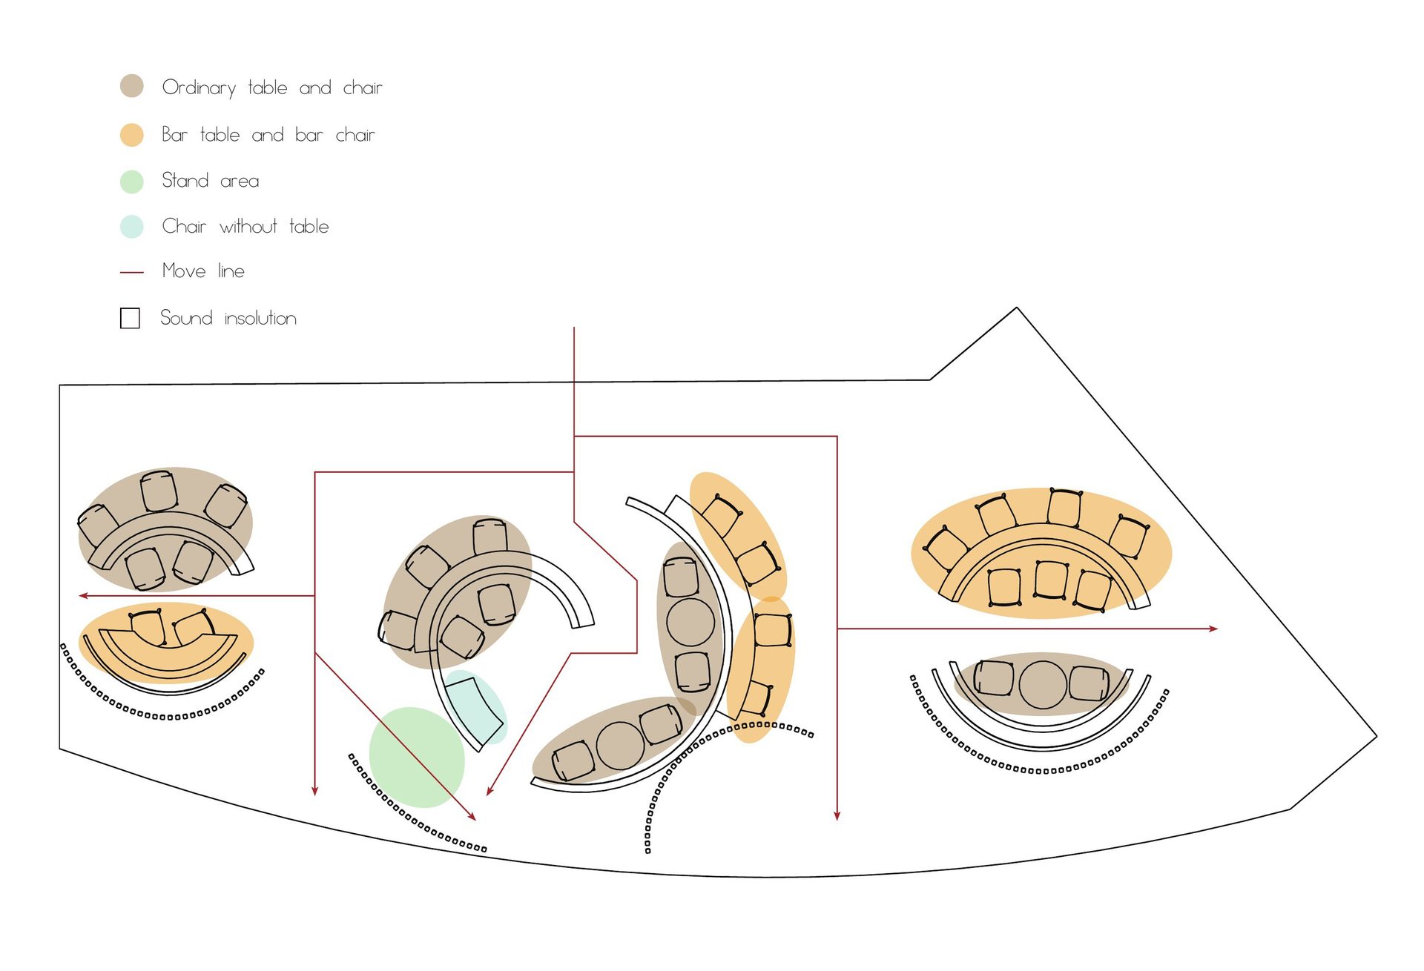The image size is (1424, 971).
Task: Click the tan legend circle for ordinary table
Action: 132,86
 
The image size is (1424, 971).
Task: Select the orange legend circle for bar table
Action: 132,135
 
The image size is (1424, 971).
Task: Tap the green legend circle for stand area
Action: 132,182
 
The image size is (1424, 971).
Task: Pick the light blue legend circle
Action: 132,227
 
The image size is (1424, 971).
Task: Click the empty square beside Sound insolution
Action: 130,318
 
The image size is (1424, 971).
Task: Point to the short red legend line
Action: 132,273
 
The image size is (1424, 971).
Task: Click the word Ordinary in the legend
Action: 199,88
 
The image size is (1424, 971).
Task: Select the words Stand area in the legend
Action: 211,181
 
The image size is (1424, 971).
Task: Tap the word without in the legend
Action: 248,226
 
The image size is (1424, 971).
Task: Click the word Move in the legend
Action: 184,271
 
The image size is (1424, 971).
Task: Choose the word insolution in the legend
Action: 260,318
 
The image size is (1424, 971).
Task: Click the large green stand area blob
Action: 417,758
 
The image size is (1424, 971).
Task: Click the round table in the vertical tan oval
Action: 690,622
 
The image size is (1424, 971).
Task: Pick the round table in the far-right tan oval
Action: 1043,685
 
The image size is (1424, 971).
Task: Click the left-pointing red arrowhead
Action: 84,595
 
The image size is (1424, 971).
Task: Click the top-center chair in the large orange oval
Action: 1064,508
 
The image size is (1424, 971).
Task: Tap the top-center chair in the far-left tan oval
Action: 159,491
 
